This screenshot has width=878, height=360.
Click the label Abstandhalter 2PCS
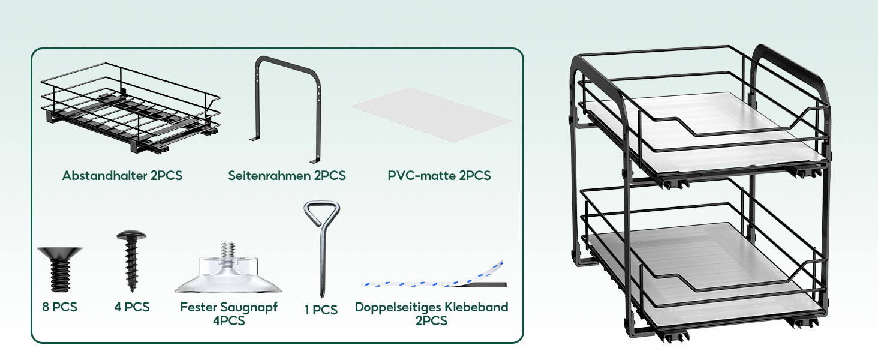point(122,176)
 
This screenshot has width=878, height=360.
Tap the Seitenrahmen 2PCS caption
point(287,176)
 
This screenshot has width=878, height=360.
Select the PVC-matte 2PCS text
point(439,176)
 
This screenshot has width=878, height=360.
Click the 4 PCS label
point(132,307)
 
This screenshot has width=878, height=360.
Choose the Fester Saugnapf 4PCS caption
point(228,314)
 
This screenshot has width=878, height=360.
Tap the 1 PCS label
point(321,310)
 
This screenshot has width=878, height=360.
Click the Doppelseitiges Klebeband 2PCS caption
point(431,314)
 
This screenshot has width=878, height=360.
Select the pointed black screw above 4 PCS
point(130,261)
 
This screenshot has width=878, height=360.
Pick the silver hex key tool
point(322,246)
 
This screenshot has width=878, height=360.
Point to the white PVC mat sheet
point(432,114)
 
